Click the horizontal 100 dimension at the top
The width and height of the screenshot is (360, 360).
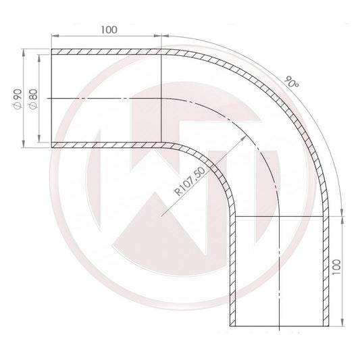[107, 29]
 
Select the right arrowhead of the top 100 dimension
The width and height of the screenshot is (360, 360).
[159, 37]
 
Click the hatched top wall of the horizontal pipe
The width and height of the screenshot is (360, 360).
[108, 52]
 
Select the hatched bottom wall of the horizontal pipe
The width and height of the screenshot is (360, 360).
[108, 145]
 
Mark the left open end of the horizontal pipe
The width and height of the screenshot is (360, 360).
[52, 99]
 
